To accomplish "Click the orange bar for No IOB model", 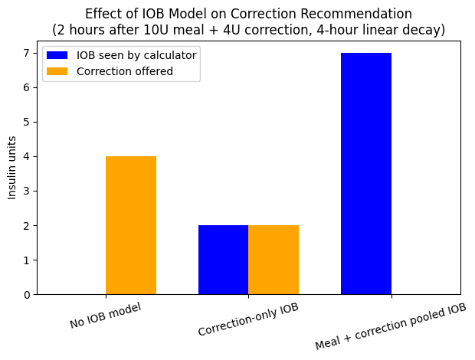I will point(131,225).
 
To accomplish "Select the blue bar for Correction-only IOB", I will point(223,260).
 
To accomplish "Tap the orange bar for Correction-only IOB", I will point(274,260).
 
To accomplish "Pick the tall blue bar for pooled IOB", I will point(365,174).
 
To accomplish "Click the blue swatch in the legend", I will point(57,55).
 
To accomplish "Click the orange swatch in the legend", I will point(57,71).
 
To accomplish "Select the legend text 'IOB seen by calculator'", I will point(136,55).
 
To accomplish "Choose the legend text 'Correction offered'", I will point(125,71).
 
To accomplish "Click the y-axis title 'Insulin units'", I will point(11,168).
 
